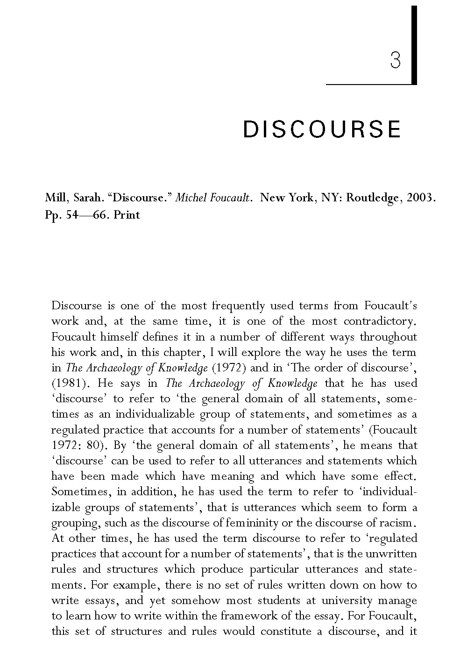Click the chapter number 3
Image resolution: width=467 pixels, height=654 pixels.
pos(395,60)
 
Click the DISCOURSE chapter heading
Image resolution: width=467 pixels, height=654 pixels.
pos(322,129)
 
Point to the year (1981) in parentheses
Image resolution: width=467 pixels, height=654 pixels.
pos(68,384)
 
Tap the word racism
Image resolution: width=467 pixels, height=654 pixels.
pos(396,523)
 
